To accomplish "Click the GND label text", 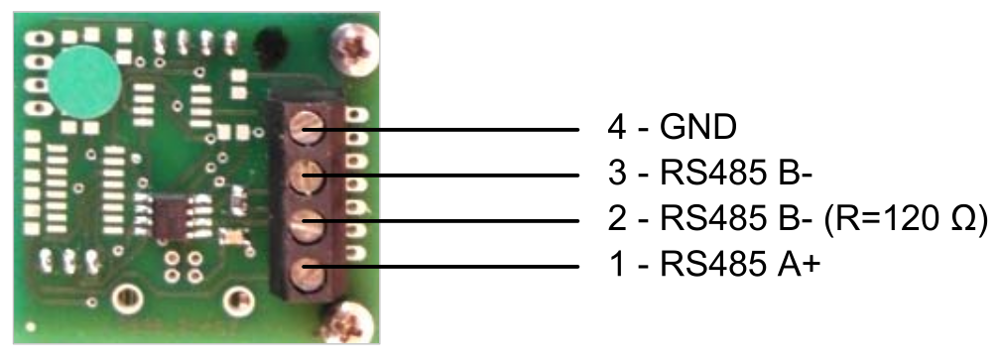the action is point(698,128).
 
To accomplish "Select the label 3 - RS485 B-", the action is point(709,174).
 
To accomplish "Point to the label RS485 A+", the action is point(738,266).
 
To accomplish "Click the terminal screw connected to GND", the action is point(307,129).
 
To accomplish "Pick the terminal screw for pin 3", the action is point(306,177).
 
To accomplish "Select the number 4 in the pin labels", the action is point(617,128).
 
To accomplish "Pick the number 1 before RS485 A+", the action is point(617,266).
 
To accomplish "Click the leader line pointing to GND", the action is point(440,130).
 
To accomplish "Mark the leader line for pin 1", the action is point(440,267).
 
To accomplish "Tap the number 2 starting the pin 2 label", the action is point(617,220).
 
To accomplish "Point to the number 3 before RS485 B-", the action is point(617,174).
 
